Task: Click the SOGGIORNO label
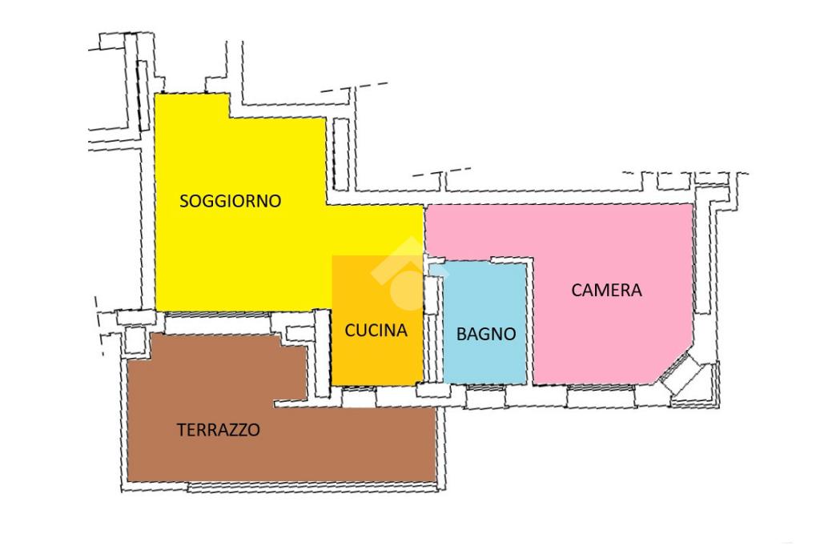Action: point(230,201)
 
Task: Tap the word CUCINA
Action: point(376,330)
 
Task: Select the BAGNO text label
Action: point(485,335)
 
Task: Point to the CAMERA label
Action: point(606,290)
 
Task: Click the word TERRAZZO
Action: point(218,430)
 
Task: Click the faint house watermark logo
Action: point(398,272)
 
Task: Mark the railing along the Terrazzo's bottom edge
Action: point(312,486)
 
